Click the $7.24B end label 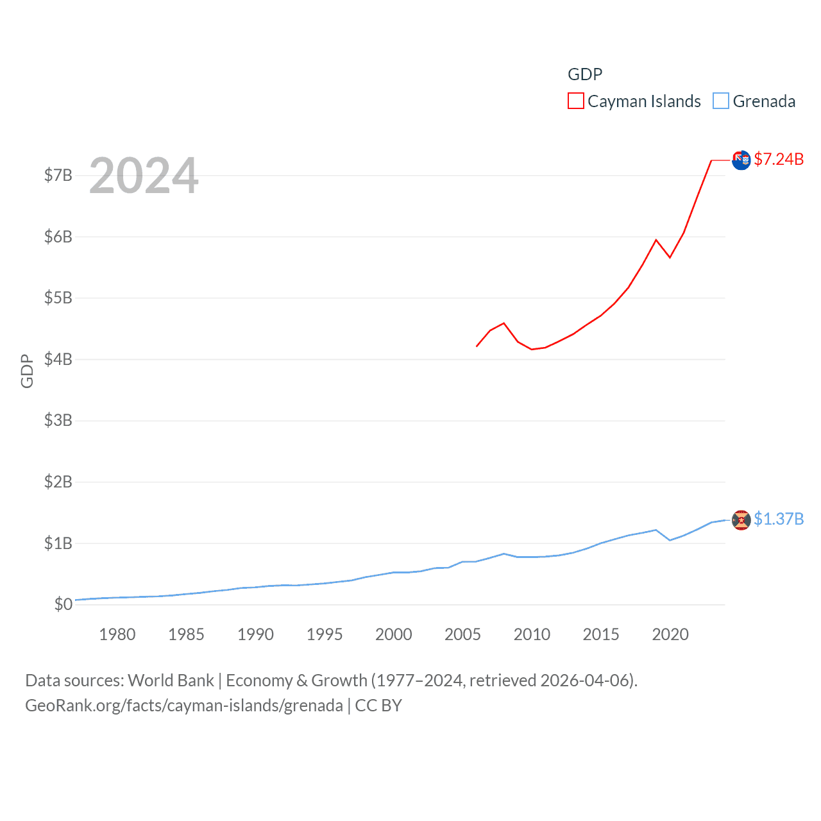pyautogui.click(x=779, y=159)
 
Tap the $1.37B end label pyautogui.click(x=779, y=519)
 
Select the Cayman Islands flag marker pyautogui.click(x=741, y=160)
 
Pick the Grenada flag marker pyautogui.click(x=741, y=520)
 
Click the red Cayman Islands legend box pyautogui.click(x=576, y=101)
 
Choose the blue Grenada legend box pyautogui.click(x=721, y=101)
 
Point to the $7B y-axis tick pyautogui.click(x=58, y=175)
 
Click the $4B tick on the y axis pyautogui.click(x=58, y=359)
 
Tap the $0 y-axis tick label pyautogui.click(x=63, y=604)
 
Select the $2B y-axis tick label pyautogui.click(x=58, y=482)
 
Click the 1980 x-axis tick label pyautogui.click(x=117, y=634)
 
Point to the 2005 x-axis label pyautogui.click(x=462, y=634)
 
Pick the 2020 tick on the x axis pyautogui.click(x=670, y=634)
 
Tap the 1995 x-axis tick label pyautogui.click(x=325, y=634)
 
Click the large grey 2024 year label pyautogui.click(x=144, y=176)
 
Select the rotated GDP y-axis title pyautogui.click(x=27, y=371)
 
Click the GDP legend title pyautogui.click(x=585, y=74)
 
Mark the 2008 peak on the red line pyautogui.click(x=504, y=323)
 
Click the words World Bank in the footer pyautogui.click(x=171, y=680)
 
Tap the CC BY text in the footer pyautogui.click(x=378, y=706)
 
